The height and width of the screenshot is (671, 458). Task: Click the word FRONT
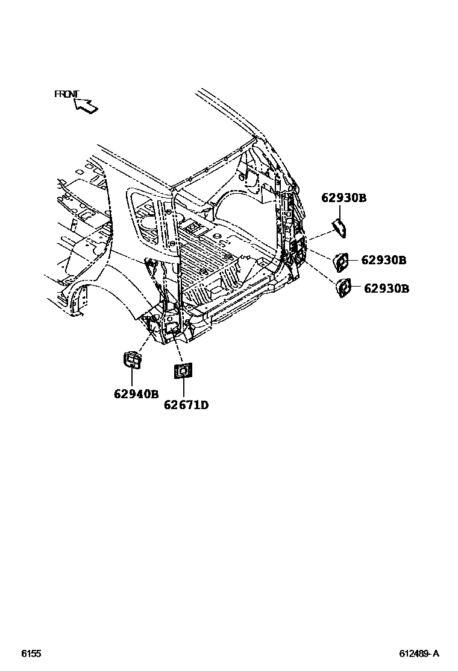pyautogui.click(x=66, y=94)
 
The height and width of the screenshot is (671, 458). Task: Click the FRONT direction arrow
pyautogui.click(x=86, y=105)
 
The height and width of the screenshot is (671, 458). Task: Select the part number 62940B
pyautogui.click(x=136, y=395)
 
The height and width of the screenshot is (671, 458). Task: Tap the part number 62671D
pyautogui.click(x=186, y=405)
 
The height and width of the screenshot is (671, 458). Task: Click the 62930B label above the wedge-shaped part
pyautogui.click(x=343, y=198)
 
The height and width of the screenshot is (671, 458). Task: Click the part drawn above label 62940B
pyautogui.click(x=132, y=359)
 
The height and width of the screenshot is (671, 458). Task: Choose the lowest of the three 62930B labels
pyautogui.click(x=386, y=288)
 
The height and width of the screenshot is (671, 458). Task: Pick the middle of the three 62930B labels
pyautogui.click(x=384, y=260)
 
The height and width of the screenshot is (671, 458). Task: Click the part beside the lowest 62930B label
pyautogui.click(x=343, y=288)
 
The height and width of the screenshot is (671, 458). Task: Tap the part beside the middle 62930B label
pyautogui.click(x=340, y=261)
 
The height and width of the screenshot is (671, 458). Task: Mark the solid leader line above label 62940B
pyautogui.click(x=132, y=378)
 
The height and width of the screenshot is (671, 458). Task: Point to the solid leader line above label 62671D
pyautogui.click(x=183, y=388)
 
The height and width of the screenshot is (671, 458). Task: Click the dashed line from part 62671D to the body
pyautogui.click(x=178, y=349)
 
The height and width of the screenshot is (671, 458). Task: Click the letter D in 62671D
pyautogui.click(x=204, y=405)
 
